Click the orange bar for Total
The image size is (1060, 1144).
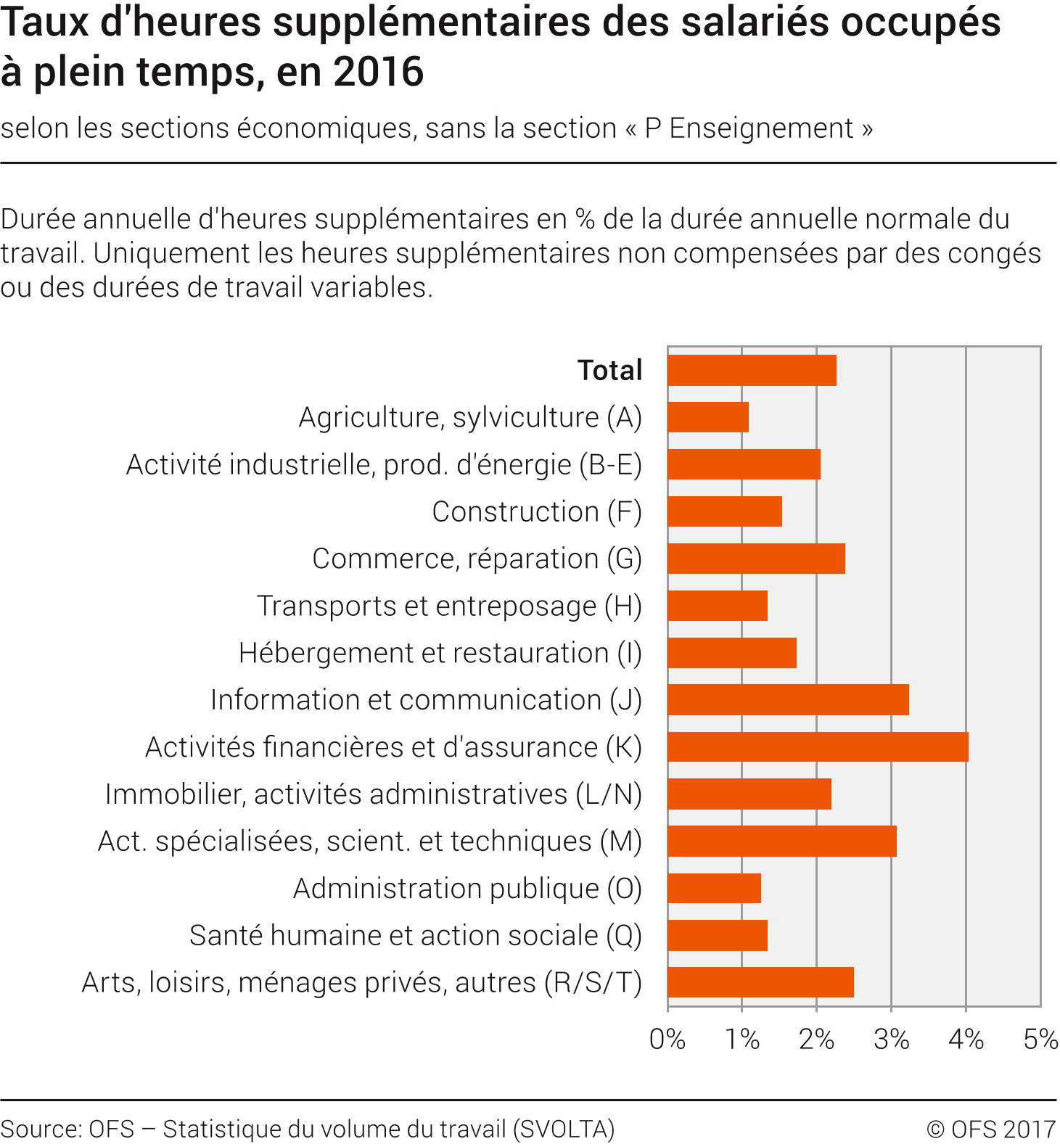point(752,371)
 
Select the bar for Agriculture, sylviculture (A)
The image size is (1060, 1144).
point(708,417)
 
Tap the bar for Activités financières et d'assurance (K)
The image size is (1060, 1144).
point(818,747)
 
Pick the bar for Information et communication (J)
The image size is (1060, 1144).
point(788,700)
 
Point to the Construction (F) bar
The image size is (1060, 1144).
point(725,511)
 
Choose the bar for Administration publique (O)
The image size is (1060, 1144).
point(714,888)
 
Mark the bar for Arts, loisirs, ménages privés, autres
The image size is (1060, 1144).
point(760,982)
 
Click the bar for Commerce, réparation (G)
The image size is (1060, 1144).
point(756,559)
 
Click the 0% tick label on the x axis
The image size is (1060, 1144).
point(667,1040)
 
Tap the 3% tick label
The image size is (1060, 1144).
point(892,1040)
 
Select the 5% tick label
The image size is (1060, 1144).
point(1040,1040)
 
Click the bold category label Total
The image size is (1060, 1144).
point(610,371)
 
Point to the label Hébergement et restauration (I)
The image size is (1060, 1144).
point(440,653)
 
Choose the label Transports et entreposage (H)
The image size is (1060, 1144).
point(450,606)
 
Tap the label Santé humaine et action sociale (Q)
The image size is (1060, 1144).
point(416,935)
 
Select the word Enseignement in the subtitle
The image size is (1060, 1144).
point(761,128)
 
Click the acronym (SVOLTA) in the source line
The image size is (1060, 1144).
point(564,1129)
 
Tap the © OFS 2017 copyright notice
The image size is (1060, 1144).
point(991,1129)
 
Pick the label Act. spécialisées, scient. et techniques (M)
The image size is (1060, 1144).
point(370,841)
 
